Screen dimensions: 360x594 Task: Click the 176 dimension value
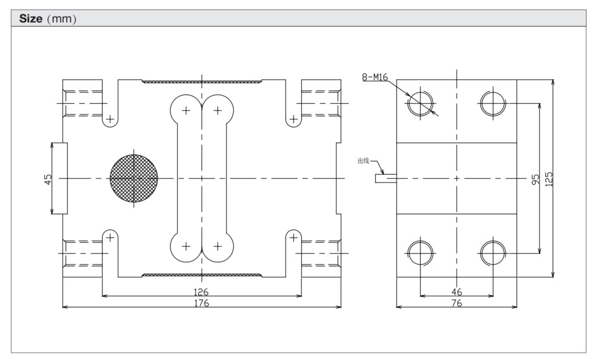pyautogui.click(x=202, y=303)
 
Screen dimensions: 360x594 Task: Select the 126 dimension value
pyautogui.click(x=202, y=292)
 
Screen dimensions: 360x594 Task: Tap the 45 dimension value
pyautogui.click(x=48, y=178)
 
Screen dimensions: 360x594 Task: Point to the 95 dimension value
pyautogui.click(x=536, y=178)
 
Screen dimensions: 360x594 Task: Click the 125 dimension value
pyautogui.click(x=549, y=178)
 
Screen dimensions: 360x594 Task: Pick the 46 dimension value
pyautogui.click(x=456, y=292)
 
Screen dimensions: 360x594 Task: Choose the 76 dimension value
pyautogui.click(x=456, y=303)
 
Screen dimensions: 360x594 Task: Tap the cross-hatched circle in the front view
pyautogui.click(x=134, y=178)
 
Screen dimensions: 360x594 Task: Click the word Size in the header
pyautogui.click(x=31, y=18)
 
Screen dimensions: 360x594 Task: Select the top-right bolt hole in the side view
pyautogui.click(x=493, y=103)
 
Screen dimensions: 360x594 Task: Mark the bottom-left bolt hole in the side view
pyautogui.click(x=420, y=253)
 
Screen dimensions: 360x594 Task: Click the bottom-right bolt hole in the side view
pyautogui.click(x=493, y=253)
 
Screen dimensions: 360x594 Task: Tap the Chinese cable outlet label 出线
pyautogui.click(x=363, y=161)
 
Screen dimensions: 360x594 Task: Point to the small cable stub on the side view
pyautogui.click(x=385, y=178)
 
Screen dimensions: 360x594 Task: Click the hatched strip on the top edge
pyautogui.click(x=202, y=80)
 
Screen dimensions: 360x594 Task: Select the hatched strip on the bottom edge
pyautogui.click(x=202, y=275)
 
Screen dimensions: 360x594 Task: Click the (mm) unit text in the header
pyautogui.click(x=61, y=18)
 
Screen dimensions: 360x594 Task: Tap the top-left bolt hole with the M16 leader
pyautogui.click(x=420, y=103)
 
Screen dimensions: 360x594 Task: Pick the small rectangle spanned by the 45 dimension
pyautogui.click(x=60, y=178)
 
